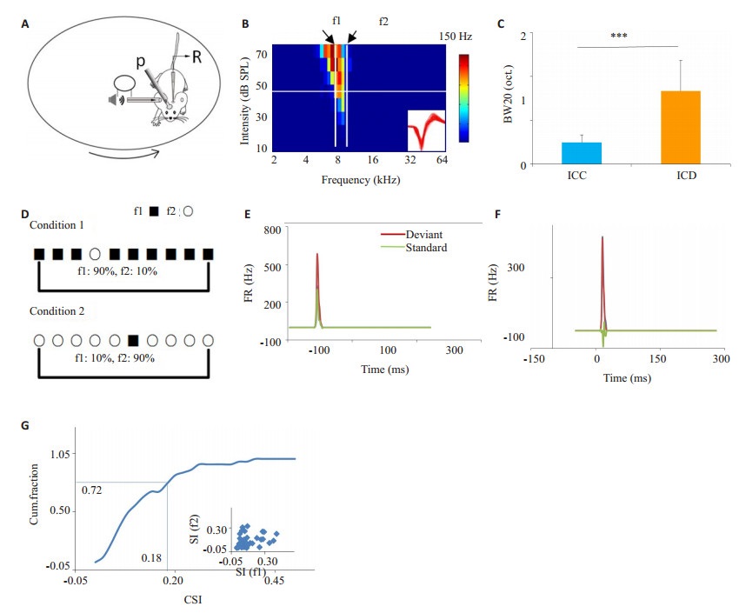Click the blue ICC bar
click(x=582, y=153)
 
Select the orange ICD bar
click(x=681, y=128)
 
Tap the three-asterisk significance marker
click(x=619, y=36)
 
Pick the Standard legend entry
click(x=414, y=247)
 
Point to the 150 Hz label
click(x=456, y=37)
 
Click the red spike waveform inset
click(x=426, y=130)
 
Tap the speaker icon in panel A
click(x=116, y=100)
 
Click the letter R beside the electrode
click(x=196, y=57)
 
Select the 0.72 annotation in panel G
click(x=91, y=490)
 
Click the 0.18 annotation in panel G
click(x=151, y=558)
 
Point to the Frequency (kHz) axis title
click(x=361, y=180)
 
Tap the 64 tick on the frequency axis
click(x=442, y=160)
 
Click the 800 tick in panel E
click(x=272, y=230)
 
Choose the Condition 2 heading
click(x=57, y=311)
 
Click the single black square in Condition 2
click(x=133, y=340)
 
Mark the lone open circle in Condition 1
click(x=95, y=254)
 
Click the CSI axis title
click(x=193, y=599)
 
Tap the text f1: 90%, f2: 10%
click(x=117, y=271)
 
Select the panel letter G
click(x=25, y=425)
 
